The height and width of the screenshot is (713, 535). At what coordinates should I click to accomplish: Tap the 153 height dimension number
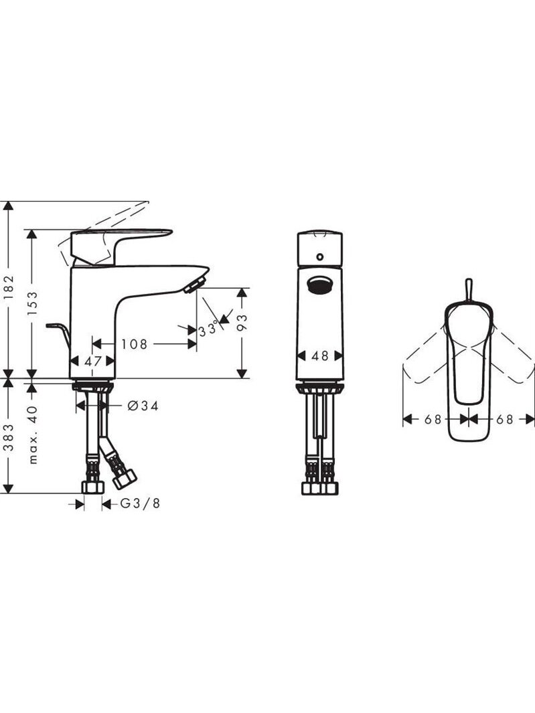click(x=33, y=303)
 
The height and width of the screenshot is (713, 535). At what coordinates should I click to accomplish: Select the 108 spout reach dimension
click(x=134, y=344)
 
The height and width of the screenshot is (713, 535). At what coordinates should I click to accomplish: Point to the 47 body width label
click(x=93, y=362)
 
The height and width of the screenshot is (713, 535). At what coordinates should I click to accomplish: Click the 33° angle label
click(x=208, y=329)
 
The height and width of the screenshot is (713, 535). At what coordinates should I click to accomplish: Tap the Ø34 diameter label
click(x=143, y=406)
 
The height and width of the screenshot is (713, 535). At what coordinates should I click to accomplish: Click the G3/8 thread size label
click(x=140, y=503)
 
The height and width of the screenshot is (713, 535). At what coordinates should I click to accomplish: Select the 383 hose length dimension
click(x=9, y=437)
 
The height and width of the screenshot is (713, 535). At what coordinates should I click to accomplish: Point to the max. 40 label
click(x=33, y=434)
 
